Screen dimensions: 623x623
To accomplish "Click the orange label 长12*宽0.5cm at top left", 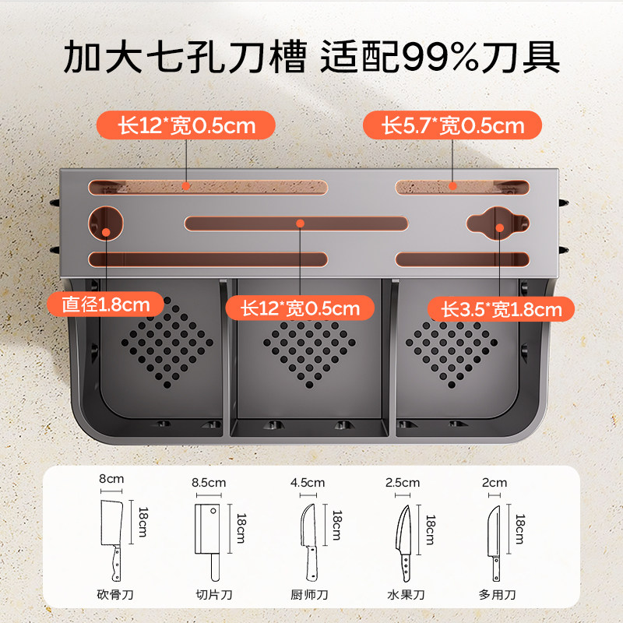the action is (186, 125).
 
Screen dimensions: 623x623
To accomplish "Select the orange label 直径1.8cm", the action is (99, 304).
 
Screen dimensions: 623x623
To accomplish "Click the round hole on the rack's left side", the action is (106, 224).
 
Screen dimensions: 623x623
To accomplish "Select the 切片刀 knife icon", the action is (207, 537).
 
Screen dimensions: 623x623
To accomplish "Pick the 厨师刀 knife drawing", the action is (308, 537).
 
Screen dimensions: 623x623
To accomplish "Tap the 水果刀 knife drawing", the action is (403, 537).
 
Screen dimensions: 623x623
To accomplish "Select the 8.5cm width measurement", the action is (208, 483).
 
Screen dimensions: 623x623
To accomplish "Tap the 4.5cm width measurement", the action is (308, 483).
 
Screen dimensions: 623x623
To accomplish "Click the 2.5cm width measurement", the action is (402, 483).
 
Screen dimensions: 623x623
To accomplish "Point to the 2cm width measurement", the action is (495, 483).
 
